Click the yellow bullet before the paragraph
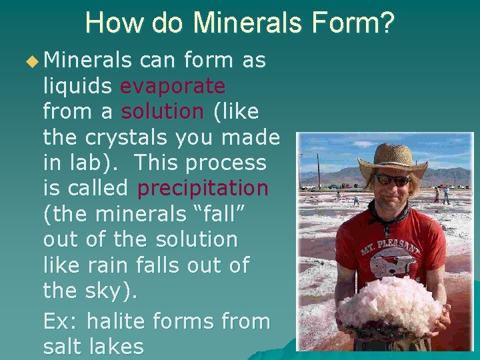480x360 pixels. pos(32,61)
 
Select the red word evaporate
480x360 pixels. pos(173,86)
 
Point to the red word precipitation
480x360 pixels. pos(203,188)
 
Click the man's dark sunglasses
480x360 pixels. pos(392,180)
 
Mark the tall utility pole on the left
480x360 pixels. pos(318,170)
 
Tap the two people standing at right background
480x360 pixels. pos(441,194)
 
